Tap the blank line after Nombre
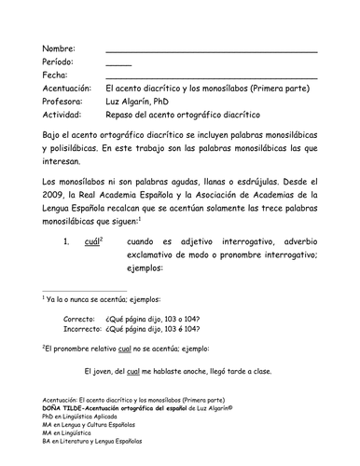pyautogui.click(x=212, y=51)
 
